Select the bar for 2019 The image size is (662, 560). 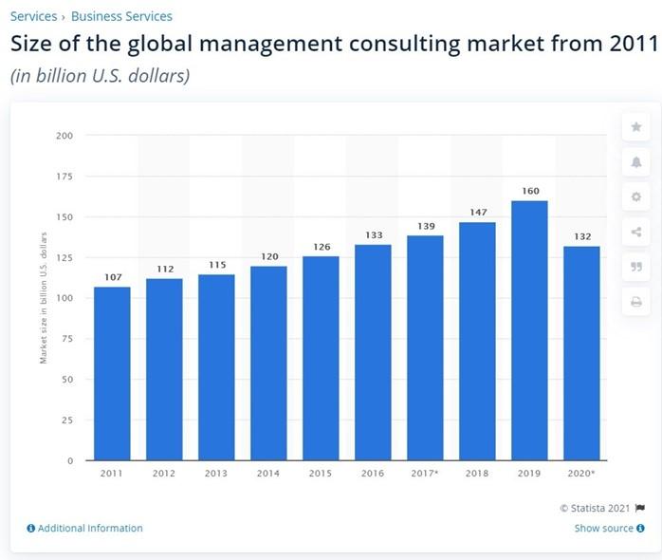pos(530,330)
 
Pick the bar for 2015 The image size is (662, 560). pos(321,358)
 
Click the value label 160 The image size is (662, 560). pos(530,191)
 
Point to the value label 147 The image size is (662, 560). pos(478,213)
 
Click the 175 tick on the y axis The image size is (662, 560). pos(64,176)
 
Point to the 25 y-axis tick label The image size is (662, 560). pos(66,420)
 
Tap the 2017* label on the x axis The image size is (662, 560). pos(426,472)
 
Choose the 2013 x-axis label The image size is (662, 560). pos(216,472)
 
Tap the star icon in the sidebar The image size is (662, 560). pos(635,127)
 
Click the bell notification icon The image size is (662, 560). pos(635,162)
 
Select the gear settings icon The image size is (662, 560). pos(635,197)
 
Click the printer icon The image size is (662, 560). pos(635,302)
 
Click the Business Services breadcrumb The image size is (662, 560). pos(121,16)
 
